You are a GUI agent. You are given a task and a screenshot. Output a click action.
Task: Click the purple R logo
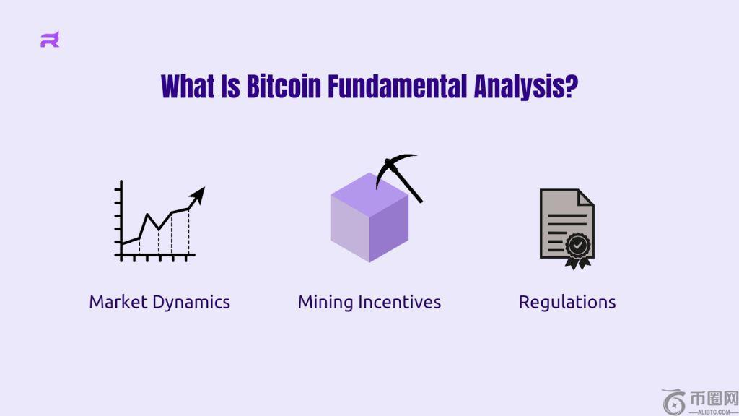[x=50, y=39]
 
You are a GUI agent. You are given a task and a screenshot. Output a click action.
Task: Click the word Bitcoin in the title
[x=284, y=87]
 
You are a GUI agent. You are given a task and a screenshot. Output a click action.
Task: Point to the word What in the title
[x=188, y=87]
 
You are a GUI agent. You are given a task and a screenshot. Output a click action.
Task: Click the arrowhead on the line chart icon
[x=198, y=195]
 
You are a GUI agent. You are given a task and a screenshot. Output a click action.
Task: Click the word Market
[x=118, y=302]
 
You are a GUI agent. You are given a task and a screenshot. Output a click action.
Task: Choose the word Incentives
[x=400, y=302]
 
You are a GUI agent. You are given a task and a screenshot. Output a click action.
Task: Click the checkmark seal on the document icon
[x=578, y=246]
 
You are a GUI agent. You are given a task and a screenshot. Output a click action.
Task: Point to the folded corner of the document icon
[x=586, y=197]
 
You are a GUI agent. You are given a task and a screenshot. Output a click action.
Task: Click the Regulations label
[x=567, y=303]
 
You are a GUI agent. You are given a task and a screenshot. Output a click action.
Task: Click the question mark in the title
[x=572, y=87]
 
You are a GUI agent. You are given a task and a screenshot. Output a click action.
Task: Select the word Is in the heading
[x=230, y=87]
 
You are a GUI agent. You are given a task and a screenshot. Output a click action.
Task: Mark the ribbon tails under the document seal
[x=578, y=263]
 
